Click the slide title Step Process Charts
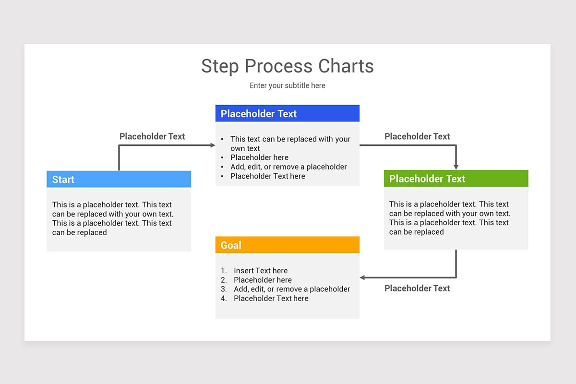click(x=287, y=66)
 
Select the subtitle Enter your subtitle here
click(x=287, y=85)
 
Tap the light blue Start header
click(x=119, y=180)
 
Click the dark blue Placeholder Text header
click(x=287, y=114)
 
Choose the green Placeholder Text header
click(x=456, y=179)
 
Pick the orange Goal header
click(x=287, y=245)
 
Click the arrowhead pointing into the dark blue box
click(x=213, y=145)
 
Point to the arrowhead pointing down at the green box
click(x=456, y=167)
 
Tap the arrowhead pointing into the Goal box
click(x=363, y=277)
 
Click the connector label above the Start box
click(x=152, y=136)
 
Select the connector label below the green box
click(x=417, y=288)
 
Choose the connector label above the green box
click(x=417, y=136)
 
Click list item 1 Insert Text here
click(x=261, y=271)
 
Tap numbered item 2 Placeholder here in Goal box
click(x=263, y=280)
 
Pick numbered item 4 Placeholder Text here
click(x=271, y=299)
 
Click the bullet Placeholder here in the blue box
click(x=259, y=157)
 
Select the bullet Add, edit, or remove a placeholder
click(x=288, y=167)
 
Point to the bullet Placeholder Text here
click(x=267, y=176)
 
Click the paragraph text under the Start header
click(x=112, y=218)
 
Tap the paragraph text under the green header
click(x=449, y=218)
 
